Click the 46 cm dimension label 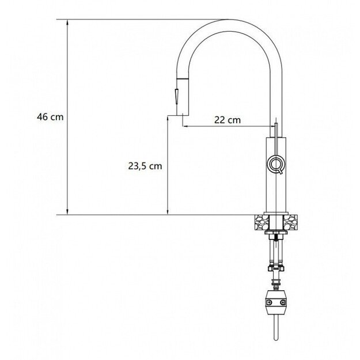(x=50, y=116)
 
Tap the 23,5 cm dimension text (x=145, y=166)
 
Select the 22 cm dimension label (x=227, y=120)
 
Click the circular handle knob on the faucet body (x=275, y=164)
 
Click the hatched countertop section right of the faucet (x=291, y=221)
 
